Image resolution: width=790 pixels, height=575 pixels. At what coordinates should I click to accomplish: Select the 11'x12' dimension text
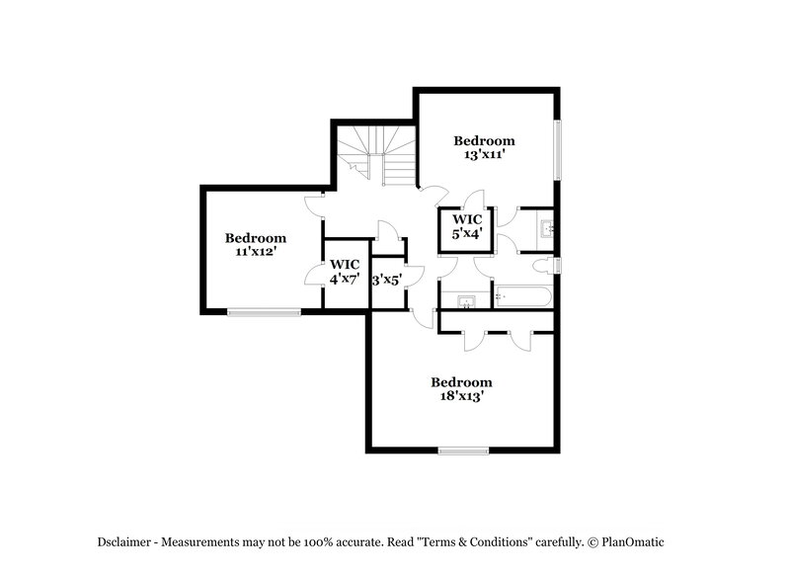(255, 252)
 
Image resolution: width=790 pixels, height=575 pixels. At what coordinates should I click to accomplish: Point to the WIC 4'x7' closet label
(345, 279)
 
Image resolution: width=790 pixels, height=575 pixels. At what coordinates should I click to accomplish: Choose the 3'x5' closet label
(384, 280)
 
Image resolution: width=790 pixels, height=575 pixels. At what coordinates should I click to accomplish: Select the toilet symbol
(542, 265)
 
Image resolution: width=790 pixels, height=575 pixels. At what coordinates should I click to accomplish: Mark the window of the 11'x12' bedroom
(264, 313)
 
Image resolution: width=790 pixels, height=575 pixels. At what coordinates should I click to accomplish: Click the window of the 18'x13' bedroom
(464, 452)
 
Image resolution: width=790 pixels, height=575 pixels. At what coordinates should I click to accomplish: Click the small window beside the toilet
(559, 265)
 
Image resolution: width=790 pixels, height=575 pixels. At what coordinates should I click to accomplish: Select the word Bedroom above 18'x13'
(461, 382)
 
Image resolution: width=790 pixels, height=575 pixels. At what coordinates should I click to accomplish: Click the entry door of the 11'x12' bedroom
(315, 202)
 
